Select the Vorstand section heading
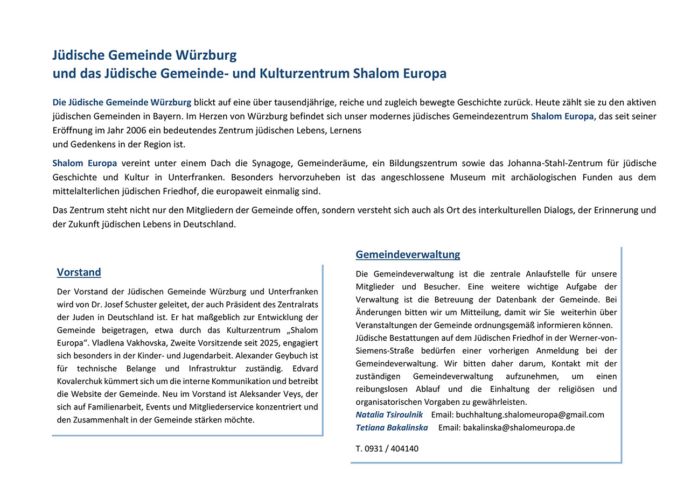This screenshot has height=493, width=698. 79,272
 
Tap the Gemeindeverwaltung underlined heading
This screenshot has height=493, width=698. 408,255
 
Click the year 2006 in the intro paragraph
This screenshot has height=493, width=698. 155,130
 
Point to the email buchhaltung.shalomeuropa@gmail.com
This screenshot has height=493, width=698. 530,414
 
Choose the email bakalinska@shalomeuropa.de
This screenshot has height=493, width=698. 519,427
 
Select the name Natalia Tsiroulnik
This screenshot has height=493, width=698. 389,414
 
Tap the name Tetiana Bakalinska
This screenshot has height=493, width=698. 392,427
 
